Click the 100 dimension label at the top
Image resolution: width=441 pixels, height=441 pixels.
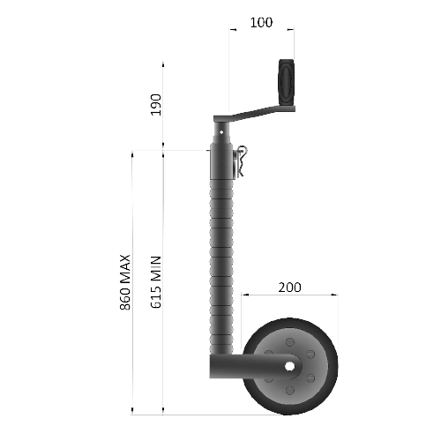261,21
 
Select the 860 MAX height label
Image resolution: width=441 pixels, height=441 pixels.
124,281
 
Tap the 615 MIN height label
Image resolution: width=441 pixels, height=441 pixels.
156,281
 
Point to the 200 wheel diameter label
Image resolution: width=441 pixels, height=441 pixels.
288,288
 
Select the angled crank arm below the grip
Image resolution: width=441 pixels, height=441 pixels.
256,113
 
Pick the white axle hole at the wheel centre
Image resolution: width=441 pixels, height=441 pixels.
289,363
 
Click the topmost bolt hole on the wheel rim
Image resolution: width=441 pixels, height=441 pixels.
289,336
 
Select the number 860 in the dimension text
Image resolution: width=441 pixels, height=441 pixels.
124,297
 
